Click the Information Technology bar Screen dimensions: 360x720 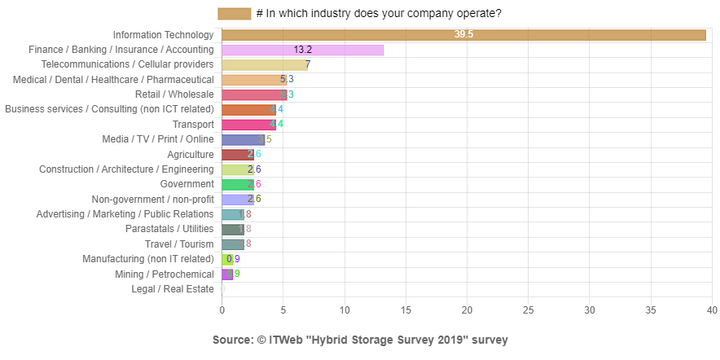(463, 35)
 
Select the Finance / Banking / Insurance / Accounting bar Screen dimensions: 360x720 (303, 50)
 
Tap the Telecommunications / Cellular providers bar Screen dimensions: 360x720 (264, 64)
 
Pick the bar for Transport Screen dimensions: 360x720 (248, 125)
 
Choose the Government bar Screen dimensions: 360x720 (237, 184)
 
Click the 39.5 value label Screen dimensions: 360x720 (464, 35)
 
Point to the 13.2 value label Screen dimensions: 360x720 (303, 50)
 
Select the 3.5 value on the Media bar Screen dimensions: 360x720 (265, 139)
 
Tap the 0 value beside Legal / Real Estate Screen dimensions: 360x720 (222, 289)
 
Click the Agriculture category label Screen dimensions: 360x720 (191, 155)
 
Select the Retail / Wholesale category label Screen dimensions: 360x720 (174, 94)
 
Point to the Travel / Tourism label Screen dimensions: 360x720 (179, 244)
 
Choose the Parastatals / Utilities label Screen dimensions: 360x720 (169, 229)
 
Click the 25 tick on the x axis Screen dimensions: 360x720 (529, 310)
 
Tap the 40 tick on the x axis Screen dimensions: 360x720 (712, 310)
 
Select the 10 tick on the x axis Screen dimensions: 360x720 (345, 310)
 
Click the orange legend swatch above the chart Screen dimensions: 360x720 (235, 14)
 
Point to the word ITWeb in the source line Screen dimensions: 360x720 (283, 340)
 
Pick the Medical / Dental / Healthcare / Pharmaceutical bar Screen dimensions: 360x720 (254, 80)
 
